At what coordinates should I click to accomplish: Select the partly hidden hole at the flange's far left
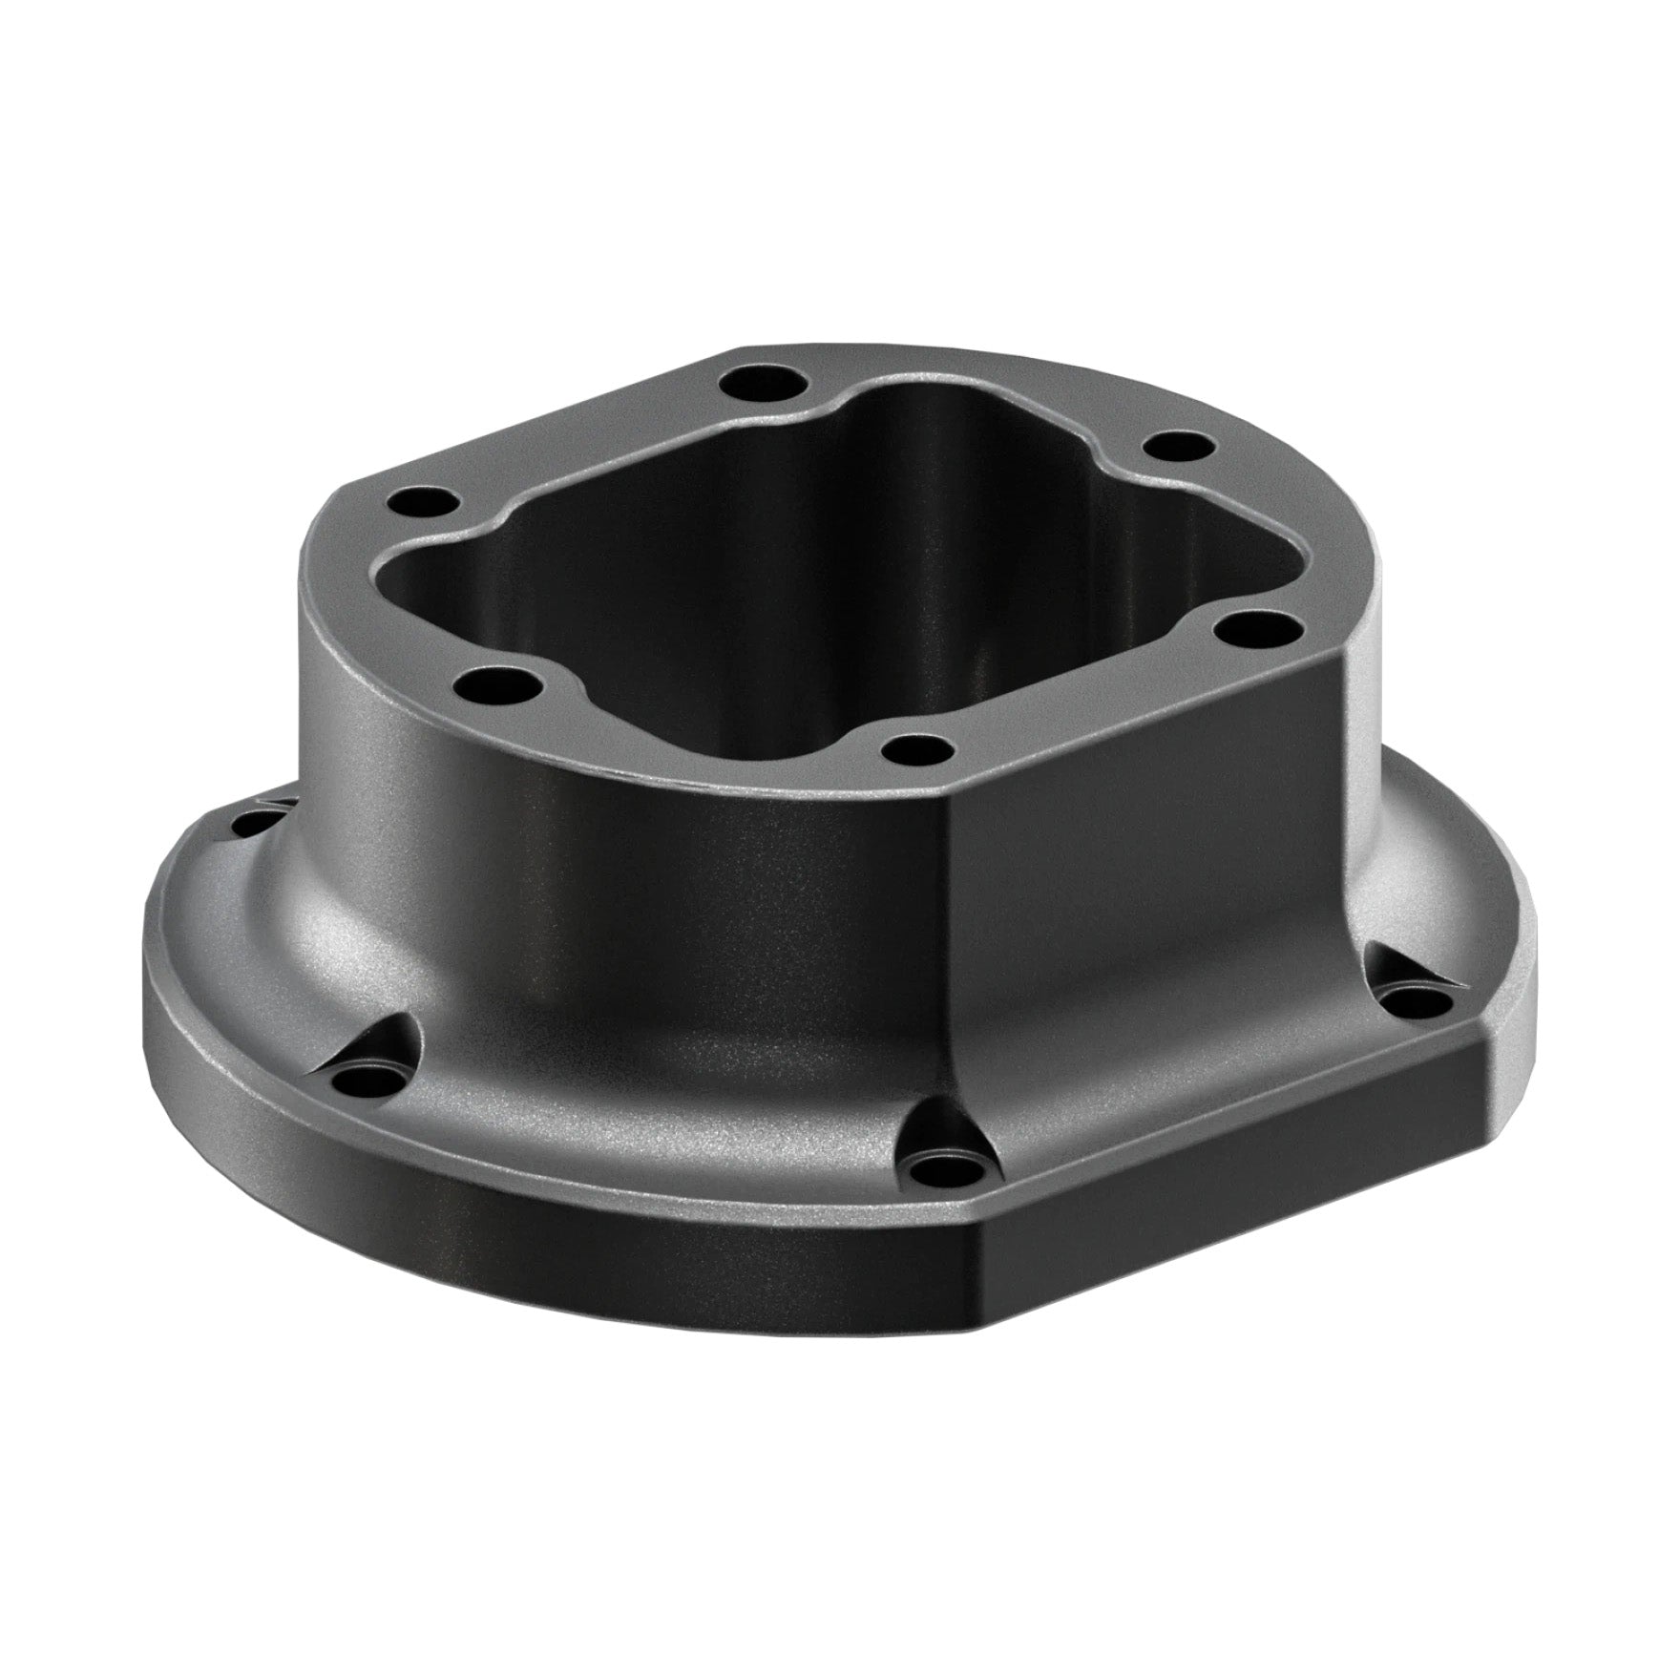pyautogui.click(x=250, y=822)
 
